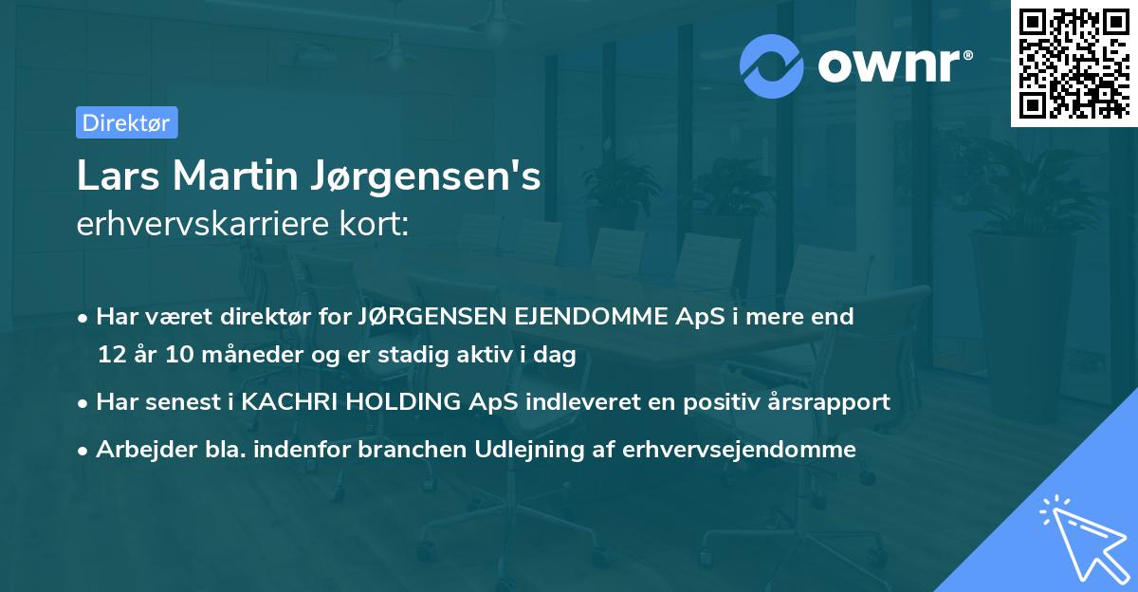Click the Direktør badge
point(126,122)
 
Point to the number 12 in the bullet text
point(110,354)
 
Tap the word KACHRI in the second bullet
point(285,401)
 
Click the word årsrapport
point(831,402)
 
